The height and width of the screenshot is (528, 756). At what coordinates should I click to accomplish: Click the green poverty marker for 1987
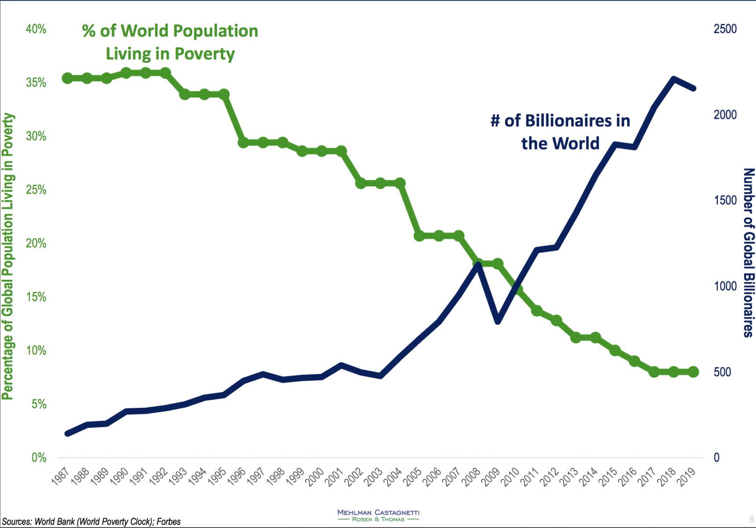(67, 78)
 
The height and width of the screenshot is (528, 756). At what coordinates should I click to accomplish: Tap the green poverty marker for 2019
(693, 372)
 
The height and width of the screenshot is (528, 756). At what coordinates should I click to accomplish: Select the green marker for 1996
(244, 143)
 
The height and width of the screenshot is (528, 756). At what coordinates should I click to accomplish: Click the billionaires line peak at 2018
(673, 79)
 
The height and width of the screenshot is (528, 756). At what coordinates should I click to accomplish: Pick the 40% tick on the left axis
(36, 29)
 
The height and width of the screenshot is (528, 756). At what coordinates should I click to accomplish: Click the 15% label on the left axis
(36, 297)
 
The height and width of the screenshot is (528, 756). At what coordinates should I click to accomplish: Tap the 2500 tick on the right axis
(725, 29)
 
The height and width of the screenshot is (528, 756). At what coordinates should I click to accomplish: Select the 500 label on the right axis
(722, 372)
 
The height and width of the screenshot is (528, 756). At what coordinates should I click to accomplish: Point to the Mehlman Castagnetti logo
(378, 515)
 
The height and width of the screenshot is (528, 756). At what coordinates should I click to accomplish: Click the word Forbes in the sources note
(168, 522)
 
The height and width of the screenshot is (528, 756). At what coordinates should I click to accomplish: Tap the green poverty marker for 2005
(420, 236)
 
